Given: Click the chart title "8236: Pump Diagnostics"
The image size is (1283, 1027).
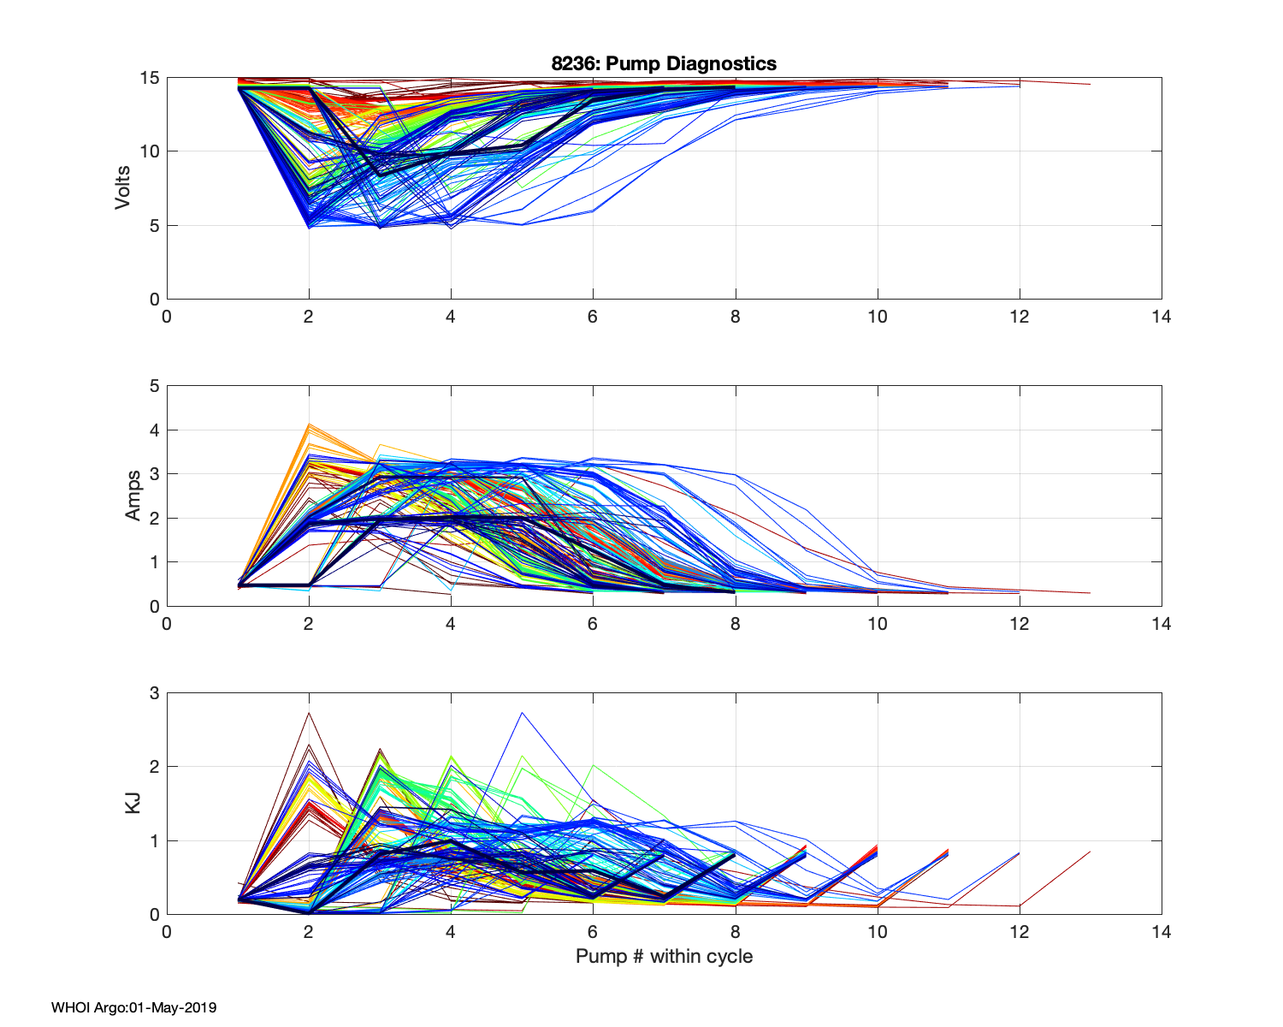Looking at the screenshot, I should (664, 63).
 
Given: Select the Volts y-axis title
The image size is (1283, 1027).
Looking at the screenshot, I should (123, 188).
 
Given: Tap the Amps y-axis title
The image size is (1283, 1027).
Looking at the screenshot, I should (133, 496).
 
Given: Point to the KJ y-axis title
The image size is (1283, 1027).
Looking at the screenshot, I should (133, 803).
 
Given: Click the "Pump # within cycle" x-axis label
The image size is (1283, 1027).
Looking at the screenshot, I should (664, 956).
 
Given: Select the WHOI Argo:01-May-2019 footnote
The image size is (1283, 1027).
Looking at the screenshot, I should (133, 1007).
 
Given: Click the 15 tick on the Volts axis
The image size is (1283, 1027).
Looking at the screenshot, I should (150, 78).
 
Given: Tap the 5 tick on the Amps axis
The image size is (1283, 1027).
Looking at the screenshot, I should (155, 386).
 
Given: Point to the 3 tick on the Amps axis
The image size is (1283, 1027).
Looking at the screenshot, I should (155, 474).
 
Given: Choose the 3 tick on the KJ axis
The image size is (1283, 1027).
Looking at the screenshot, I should (155, 693).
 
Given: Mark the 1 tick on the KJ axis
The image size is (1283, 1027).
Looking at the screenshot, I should (155, 840).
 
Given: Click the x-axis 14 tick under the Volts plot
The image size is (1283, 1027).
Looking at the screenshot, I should (1161, 317).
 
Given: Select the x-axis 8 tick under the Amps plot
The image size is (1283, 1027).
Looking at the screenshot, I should (735, 624).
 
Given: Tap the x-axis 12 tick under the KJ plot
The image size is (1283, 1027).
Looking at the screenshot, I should (1019, 931).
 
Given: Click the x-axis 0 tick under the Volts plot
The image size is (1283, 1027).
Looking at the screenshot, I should (167, 317).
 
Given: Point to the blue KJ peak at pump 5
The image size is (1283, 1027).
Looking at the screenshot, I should (522, 712).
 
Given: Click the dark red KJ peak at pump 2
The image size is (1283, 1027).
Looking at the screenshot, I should (309, 713).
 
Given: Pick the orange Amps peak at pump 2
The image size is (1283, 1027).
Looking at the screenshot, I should (309, 424).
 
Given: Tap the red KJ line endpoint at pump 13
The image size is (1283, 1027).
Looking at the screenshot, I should (1090, 852).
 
